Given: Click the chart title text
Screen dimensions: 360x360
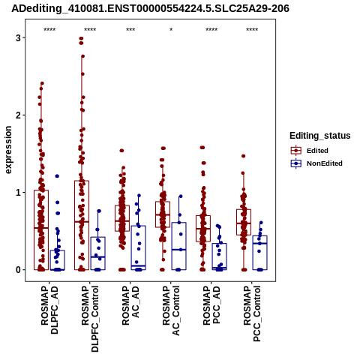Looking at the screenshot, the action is [150, 8].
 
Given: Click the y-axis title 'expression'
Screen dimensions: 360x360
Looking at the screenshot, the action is [8, 150].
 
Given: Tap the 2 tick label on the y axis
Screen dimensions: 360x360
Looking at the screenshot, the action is [18, 115].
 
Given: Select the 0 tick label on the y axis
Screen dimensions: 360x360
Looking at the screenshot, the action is [18, 270].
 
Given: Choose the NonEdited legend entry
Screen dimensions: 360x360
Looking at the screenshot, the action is [316, 163].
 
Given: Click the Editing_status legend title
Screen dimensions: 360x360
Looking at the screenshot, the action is [320, 136].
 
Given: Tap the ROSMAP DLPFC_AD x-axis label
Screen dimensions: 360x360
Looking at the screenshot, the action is [49, 310].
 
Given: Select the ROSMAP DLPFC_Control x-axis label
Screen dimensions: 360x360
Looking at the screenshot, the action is [90, 319].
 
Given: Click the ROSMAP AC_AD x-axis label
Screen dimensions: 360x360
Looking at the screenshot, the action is [130, 305].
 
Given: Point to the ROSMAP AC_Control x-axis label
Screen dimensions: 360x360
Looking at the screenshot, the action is [171, 310].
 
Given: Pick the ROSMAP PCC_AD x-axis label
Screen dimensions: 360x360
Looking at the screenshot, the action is [211, 305].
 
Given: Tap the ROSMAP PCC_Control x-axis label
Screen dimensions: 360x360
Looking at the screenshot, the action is [252, 313].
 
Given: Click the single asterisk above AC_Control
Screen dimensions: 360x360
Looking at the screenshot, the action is [171, 30].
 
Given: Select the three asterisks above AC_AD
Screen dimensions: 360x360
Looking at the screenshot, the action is [130, 30].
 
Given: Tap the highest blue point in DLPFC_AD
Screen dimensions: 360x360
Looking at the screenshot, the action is [57, 176].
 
